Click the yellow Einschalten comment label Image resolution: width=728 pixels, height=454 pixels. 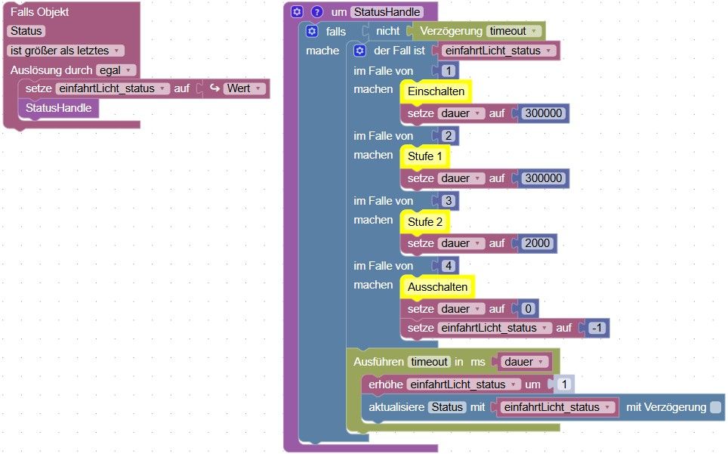tap(436, 91)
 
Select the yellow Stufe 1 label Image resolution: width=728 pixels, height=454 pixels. tap(426, 156)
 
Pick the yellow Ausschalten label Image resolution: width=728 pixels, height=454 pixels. tap(437, 287)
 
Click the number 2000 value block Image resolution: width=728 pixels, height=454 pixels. tap(536, 243)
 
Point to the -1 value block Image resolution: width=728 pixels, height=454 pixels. tap(597, 328)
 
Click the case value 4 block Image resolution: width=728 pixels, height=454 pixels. tap(449, 266)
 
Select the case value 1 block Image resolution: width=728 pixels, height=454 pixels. tap(449, 71)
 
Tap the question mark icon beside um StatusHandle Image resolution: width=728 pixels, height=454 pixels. tap(317, 12)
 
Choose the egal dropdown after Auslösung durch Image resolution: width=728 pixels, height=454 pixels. tap(116, 70)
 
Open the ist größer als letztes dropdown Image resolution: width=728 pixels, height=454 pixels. tap(66, 51)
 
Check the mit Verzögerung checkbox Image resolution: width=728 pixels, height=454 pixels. tap(715, 407)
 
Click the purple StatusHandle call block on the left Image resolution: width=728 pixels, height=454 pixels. tap(58, 108)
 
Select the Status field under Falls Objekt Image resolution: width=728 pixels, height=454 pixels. tap(26, 31)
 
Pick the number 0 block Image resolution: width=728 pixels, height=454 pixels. tap(527, 308)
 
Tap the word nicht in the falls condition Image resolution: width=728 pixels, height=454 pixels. tap(388, 32)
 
